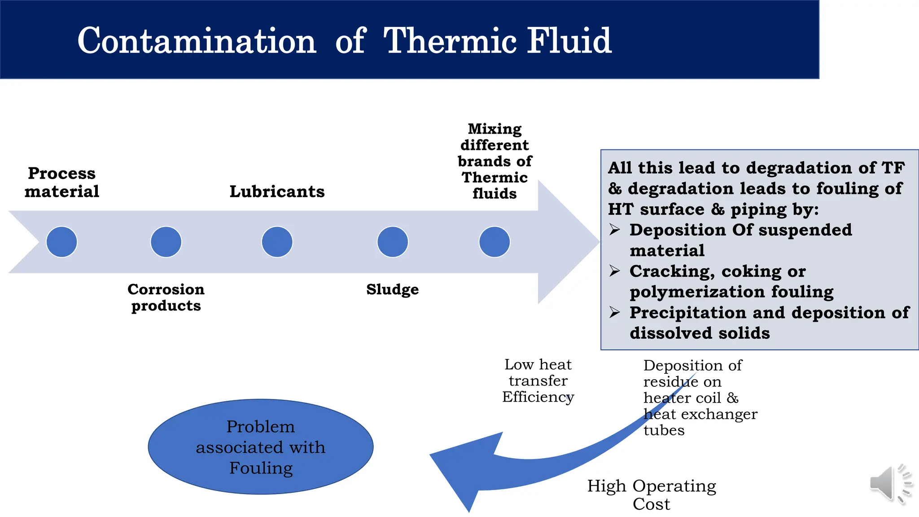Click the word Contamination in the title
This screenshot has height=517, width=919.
[197, 41]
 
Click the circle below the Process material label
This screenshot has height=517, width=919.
[62, 242]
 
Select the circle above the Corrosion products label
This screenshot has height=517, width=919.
[166, 242]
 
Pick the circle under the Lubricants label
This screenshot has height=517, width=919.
[277, 242]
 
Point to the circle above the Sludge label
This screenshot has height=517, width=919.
[393, 242]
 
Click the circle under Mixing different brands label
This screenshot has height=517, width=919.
[495, 242]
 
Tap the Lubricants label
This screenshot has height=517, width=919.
[277, 192]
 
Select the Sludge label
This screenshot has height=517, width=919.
[392, 289]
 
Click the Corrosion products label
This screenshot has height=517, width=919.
[166, 297]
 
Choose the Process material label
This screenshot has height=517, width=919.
[62, 182]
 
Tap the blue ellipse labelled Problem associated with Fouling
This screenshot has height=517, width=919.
[261, 447]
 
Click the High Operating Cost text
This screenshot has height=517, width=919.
[652, 495]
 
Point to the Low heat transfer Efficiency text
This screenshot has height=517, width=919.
[538, 381]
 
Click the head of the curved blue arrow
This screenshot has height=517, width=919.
[462, 471]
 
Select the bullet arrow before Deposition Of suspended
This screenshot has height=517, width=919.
[615, 230]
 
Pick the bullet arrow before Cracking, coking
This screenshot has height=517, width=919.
[615, 271]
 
